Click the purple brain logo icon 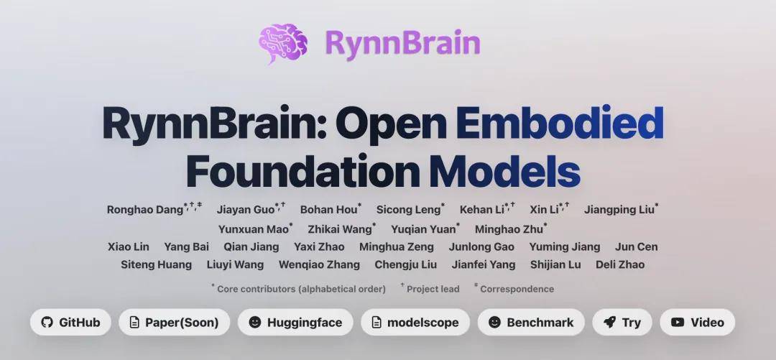tap(282, 42)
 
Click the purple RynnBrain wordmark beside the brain tap(402, 42)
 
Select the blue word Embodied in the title tap(559, 124)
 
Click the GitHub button tap(70, 322)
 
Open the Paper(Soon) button tap(174, 322)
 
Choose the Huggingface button tap(295, 322)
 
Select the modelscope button tap(415, 322)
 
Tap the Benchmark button tap(531, 322)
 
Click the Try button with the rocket tap(622, 322)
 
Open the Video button tap(697, 322)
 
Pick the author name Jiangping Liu tap(619, 210)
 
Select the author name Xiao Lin tap(129, 246)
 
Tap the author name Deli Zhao tap(620, 264)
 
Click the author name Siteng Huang tap(157, 264)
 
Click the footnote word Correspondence tap(517, 289)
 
